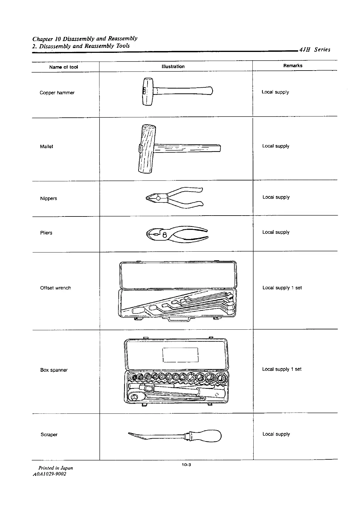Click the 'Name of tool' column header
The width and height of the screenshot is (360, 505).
coord(63,67)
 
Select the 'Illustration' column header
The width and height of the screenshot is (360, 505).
coord(173,66)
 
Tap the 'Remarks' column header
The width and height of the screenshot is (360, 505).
coord(293,65)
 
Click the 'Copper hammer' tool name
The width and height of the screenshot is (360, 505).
coord(57,93)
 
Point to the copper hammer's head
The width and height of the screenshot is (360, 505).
coord(147,91)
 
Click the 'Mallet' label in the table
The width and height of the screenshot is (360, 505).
coord(47,147)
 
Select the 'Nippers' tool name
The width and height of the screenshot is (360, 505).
coord(49,198)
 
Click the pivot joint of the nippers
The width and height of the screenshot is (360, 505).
coord(158,198)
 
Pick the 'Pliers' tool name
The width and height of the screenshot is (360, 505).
coord(46,233)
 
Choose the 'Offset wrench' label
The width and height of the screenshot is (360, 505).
coord(56,288)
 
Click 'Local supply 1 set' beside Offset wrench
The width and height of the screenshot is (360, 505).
coord(282,288)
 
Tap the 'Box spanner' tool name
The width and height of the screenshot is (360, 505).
coord(54,370)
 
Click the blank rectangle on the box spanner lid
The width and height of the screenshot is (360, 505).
coord(180,355)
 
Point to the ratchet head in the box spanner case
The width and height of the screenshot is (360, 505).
coord(133,397)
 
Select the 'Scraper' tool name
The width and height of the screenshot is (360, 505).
coord(49,434)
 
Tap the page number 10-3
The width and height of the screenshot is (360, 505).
coord(186,465)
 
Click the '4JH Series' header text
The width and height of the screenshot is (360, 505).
coord(315,50)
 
